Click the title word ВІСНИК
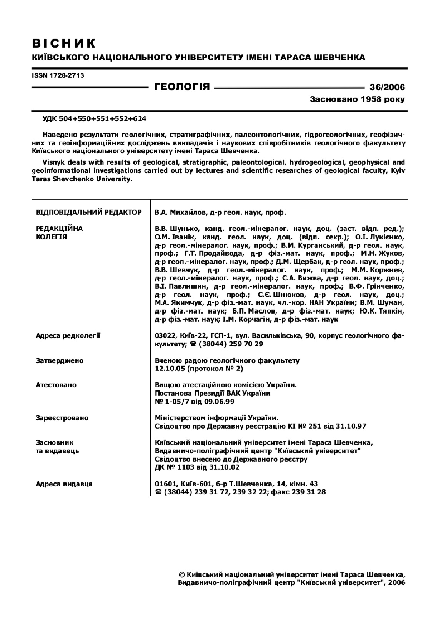tap(64, 43)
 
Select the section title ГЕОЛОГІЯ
tap(182, 87)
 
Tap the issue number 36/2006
tap(387, 87)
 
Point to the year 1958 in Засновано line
tap(371, 100)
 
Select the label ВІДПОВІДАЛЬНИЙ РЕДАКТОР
tap(89, 212)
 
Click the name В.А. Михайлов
tap(179, 212)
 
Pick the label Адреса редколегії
tap(68, 336)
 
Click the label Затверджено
tap(60, 361)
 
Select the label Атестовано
tap(56, 385)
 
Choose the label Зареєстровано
tap(62, 418)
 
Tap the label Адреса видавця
tap(64, 484)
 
